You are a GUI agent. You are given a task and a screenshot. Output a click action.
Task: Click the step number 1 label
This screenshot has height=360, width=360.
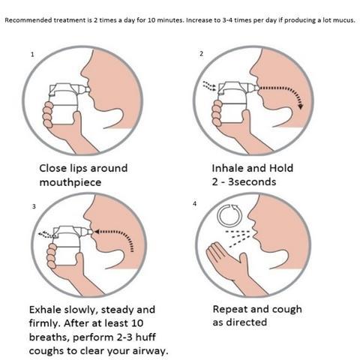tap(32, 55)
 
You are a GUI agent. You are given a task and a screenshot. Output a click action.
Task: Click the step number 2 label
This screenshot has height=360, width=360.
tap(202, 54)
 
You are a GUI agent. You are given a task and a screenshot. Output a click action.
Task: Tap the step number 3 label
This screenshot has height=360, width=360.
tap(34, 206)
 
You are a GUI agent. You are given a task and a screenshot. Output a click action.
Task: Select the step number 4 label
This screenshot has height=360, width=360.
tap(194, 204)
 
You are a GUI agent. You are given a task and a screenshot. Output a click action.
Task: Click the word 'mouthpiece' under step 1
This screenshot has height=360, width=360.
tap(70, 182)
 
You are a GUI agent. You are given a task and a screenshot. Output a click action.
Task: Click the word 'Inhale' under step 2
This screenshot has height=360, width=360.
tap(226, 168)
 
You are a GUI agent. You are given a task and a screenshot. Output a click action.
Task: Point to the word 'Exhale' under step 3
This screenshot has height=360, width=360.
tap(45, 310)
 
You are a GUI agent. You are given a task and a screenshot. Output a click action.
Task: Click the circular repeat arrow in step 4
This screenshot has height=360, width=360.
tap(229, 215)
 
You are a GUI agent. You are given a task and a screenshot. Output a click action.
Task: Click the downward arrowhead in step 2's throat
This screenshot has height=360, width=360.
tap(301, 106)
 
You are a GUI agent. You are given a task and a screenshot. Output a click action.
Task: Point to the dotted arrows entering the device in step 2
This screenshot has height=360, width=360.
tap(209, 85)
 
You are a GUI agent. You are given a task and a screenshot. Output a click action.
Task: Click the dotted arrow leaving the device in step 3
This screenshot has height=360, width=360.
tap(46, 235)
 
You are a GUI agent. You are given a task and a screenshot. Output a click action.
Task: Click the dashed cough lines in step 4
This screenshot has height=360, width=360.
tap(238, 238)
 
